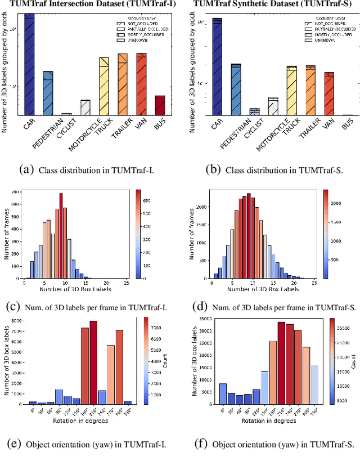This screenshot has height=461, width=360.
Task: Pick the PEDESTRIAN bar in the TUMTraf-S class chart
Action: [236, 90]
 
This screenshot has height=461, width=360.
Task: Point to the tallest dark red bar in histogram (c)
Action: [61, 236]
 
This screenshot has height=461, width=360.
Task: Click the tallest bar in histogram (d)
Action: [249, 236]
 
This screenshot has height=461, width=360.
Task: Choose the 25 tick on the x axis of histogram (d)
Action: [314, 283]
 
